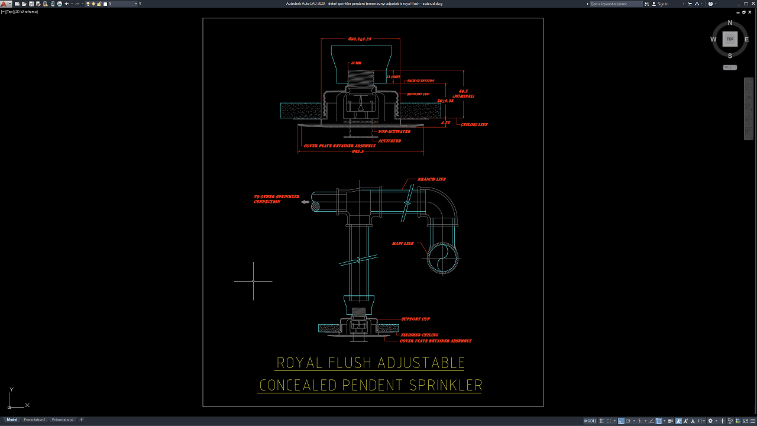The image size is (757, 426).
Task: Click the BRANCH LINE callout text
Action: click(x=432, y=179)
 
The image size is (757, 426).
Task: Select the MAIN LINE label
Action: click(x=403, y=244)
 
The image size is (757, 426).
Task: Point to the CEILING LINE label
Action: click(x=474, y=125)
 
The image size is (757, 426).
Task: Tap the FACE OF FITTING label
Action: click(x=420, y=81)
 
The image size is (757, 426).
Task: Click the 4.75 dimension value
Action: click(x=446, y=123)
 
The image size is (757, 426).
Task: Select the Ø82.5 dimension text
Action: click(x=357, y=151)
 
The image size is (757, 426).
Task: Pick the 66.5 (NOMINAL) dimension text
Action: click(x=464, y=93)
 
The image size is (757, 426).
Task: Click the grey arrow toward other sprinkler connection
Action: click(x=305, y=202)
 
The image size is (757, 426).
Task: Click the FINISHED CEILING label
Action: click(x=420, y=335)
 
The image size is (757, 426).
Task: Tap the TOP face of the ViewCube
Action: click(x=730, y=39)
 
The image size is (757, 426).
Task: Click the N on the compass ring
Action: click(x=730, y=23)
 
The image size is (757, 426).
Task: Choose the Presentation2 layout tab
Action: click(x=63, y=419)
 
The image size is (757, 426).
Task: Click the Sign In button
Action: click(x=663, y=4)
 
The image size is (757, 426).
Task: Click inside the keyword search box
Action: click(x=615, y=4)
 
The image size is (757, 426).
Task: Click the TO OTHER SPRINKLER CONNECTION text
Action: click(x=276, y=199)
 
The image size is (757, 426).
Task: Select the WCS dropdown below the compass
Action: click(x=730, y=67)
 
